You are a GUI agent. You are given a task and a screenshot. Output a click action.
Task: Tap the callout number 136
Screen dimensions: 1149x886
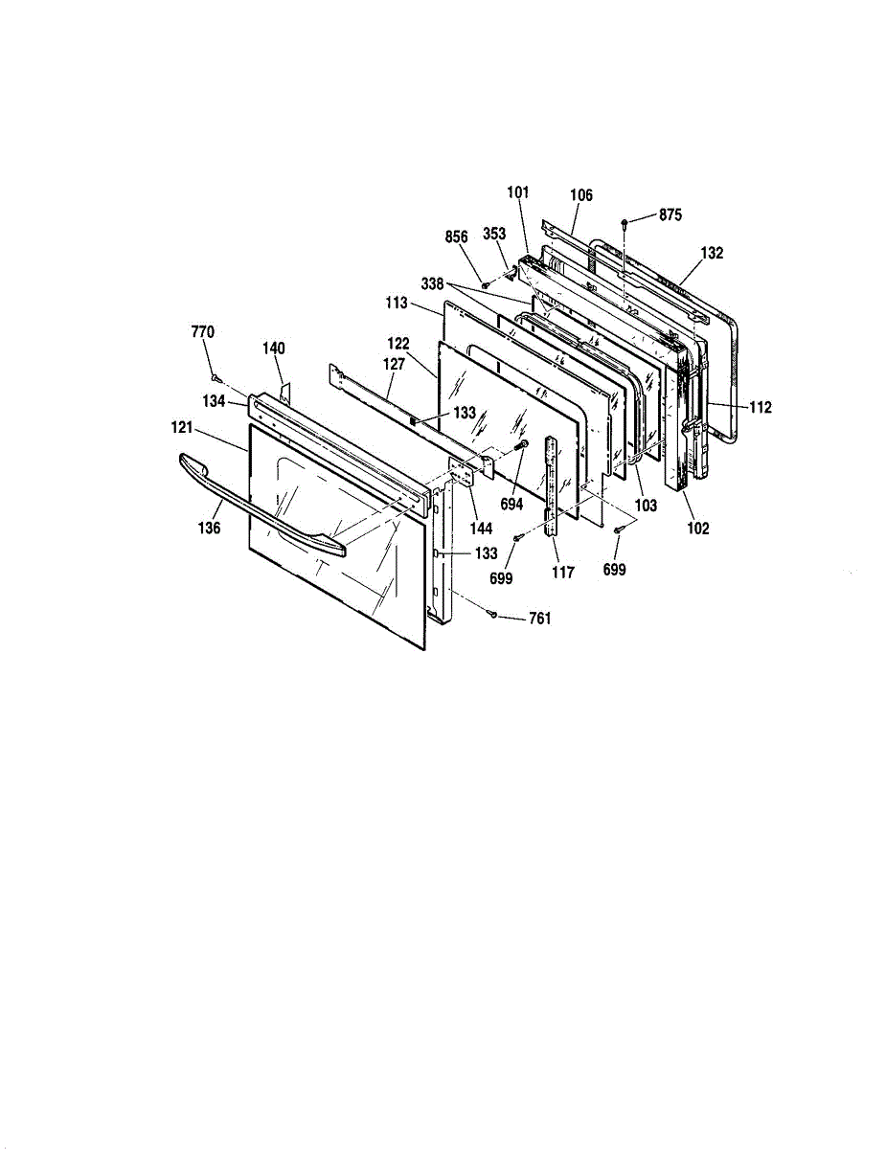pos(211,528)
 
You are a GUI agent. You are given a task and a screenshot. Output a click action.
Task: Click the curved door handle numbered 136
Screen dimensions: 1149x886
pos(259,508)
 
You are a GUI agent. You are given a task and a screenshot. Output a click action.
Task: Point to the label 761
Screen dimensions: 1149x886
pos(540,619)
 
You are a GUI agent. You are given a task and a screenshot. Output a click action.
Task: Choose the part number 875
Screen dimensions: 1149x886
pos(670,215)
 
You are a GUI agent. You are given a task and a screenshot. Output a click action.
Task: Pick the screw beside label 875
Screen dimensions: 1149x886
pos(625,222)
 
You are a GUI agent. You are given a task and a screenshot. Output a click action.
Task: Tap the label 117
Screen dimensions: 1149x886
pos(562,573)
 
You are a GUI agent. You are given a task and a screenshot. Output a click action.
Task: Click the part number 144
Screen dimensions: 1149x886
pos(481,528)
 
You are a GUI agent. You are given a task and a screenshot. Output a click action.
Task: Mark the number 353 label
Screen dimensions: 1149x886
pos(494,235)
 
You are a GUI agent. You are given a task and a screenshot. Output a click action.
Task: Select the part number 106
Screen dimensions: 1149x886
pos(580,195)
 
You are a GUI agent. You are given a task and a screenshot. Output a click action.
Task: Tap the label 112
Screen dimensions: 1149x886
pos(760,407)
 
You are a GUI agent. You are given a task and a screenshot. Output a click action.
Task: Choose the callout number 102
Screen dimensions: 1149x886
pos(698,528)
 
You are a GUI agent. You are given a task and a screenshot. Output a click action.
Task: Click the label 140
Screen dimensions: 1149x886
pos(274,349)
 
